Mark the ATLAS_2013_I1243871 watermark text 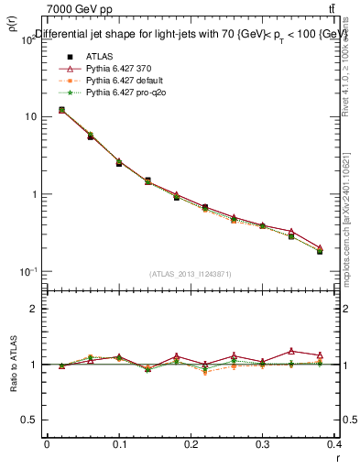click(190, 274)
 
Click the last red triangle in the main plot click(320, 247)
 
